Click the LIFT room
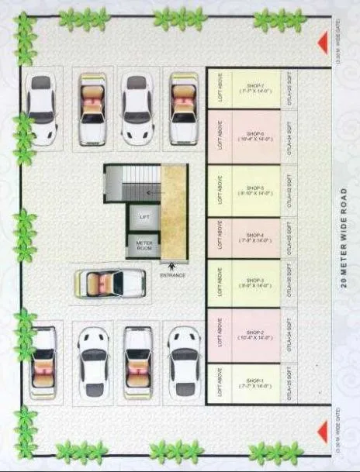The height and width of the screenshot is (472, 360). (x=144, y=217)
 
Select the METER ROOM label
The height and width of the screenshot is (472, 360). (x=144, y=246)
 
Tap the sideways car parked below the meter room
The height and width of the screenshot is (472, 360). (x=110, y=283)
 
